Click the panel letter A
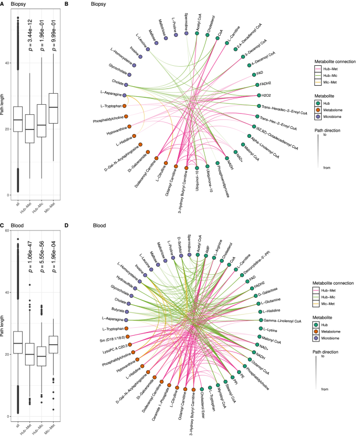[x=3, y=4]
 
